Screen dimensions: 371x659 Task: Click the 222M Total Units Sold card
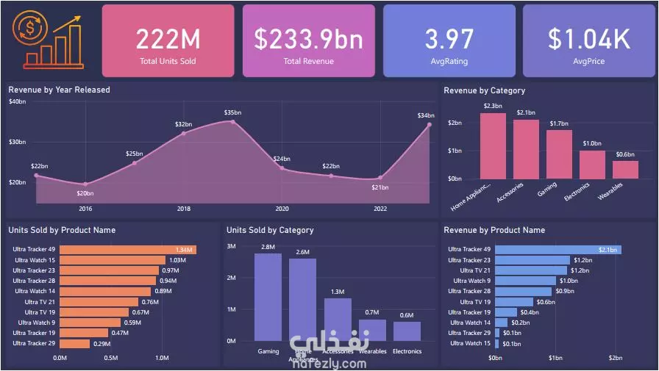coord(168,41)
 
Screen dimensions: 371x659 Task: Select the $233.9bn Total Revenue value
coord(308,39)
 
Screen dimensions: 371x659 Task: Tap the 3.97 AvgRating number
coord(449,39)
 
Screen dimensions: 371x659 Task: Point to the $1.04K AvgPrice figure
coord(588,39)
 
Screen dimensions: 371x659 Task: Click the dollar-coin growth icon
coord(51,41)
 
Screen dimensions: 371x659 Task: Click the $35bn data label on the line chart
coord(233,112)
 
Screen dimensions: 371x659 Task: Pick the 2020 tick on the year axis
coord(282,209)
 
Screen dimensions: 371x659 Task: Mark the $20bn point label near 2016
coord(85,193)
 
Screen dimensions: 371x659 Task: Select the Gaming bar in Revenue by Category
coord(559,154)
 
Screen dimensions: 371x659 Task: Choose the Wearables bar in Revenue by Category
coord(625,170)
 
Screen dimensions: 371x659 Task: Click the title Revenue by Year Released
coord(59,90)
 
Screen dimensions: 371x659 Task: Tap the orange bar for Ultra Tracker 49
coord(127,250)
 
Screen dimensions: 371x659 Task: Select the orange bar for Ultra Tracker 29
coord(74,343)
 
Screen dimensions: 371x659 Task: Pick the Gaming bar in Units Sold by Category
coord(268,297)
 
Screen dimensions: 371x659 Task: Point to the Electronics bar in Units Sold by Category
coord(407,331)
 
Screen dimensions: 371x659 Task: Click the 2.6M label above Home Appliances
coord(302,253)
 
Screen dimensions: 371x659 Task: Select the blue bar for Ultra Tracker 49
coord(558,250)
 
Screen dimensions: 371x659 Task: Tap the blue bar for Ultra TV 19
coord(513,302)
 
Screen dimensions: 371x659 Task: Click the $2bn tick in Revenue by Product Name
coord(616,358)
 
